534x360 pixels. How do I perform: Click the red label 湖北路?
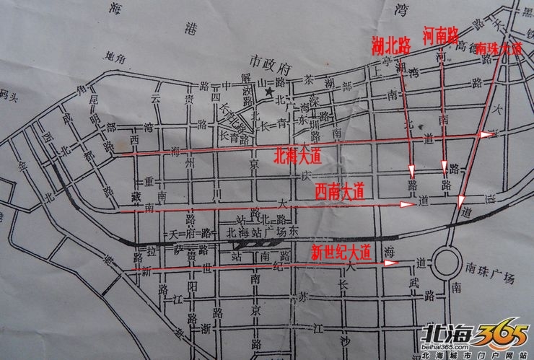[390, 45]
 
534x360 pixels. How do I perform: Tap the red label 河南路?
[440, 35]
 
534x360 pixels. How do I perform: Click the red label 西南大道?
[339, 191]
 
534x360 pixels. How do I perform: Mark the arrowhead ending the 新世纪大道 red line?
[391, 263]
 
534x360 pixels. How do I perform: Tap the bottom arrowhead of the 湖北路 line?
[412, 172]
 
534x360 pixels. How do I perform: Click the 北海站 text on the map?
[242, 232]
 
